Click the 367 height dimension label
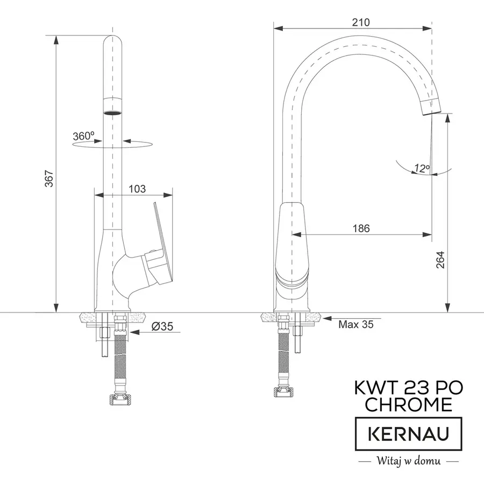48,179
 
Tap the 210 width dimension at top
361,22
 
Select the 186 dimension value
361,229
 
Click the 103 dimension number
138,189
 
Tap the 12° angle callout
422,168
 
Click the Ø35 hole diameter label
162,326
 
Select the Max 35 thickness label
355,325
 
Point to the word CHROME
408,405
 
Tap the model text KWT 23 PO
408,387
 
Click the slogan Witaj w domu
408,461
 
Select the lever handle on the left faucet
162,242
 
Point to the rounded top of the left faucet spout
112,39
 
